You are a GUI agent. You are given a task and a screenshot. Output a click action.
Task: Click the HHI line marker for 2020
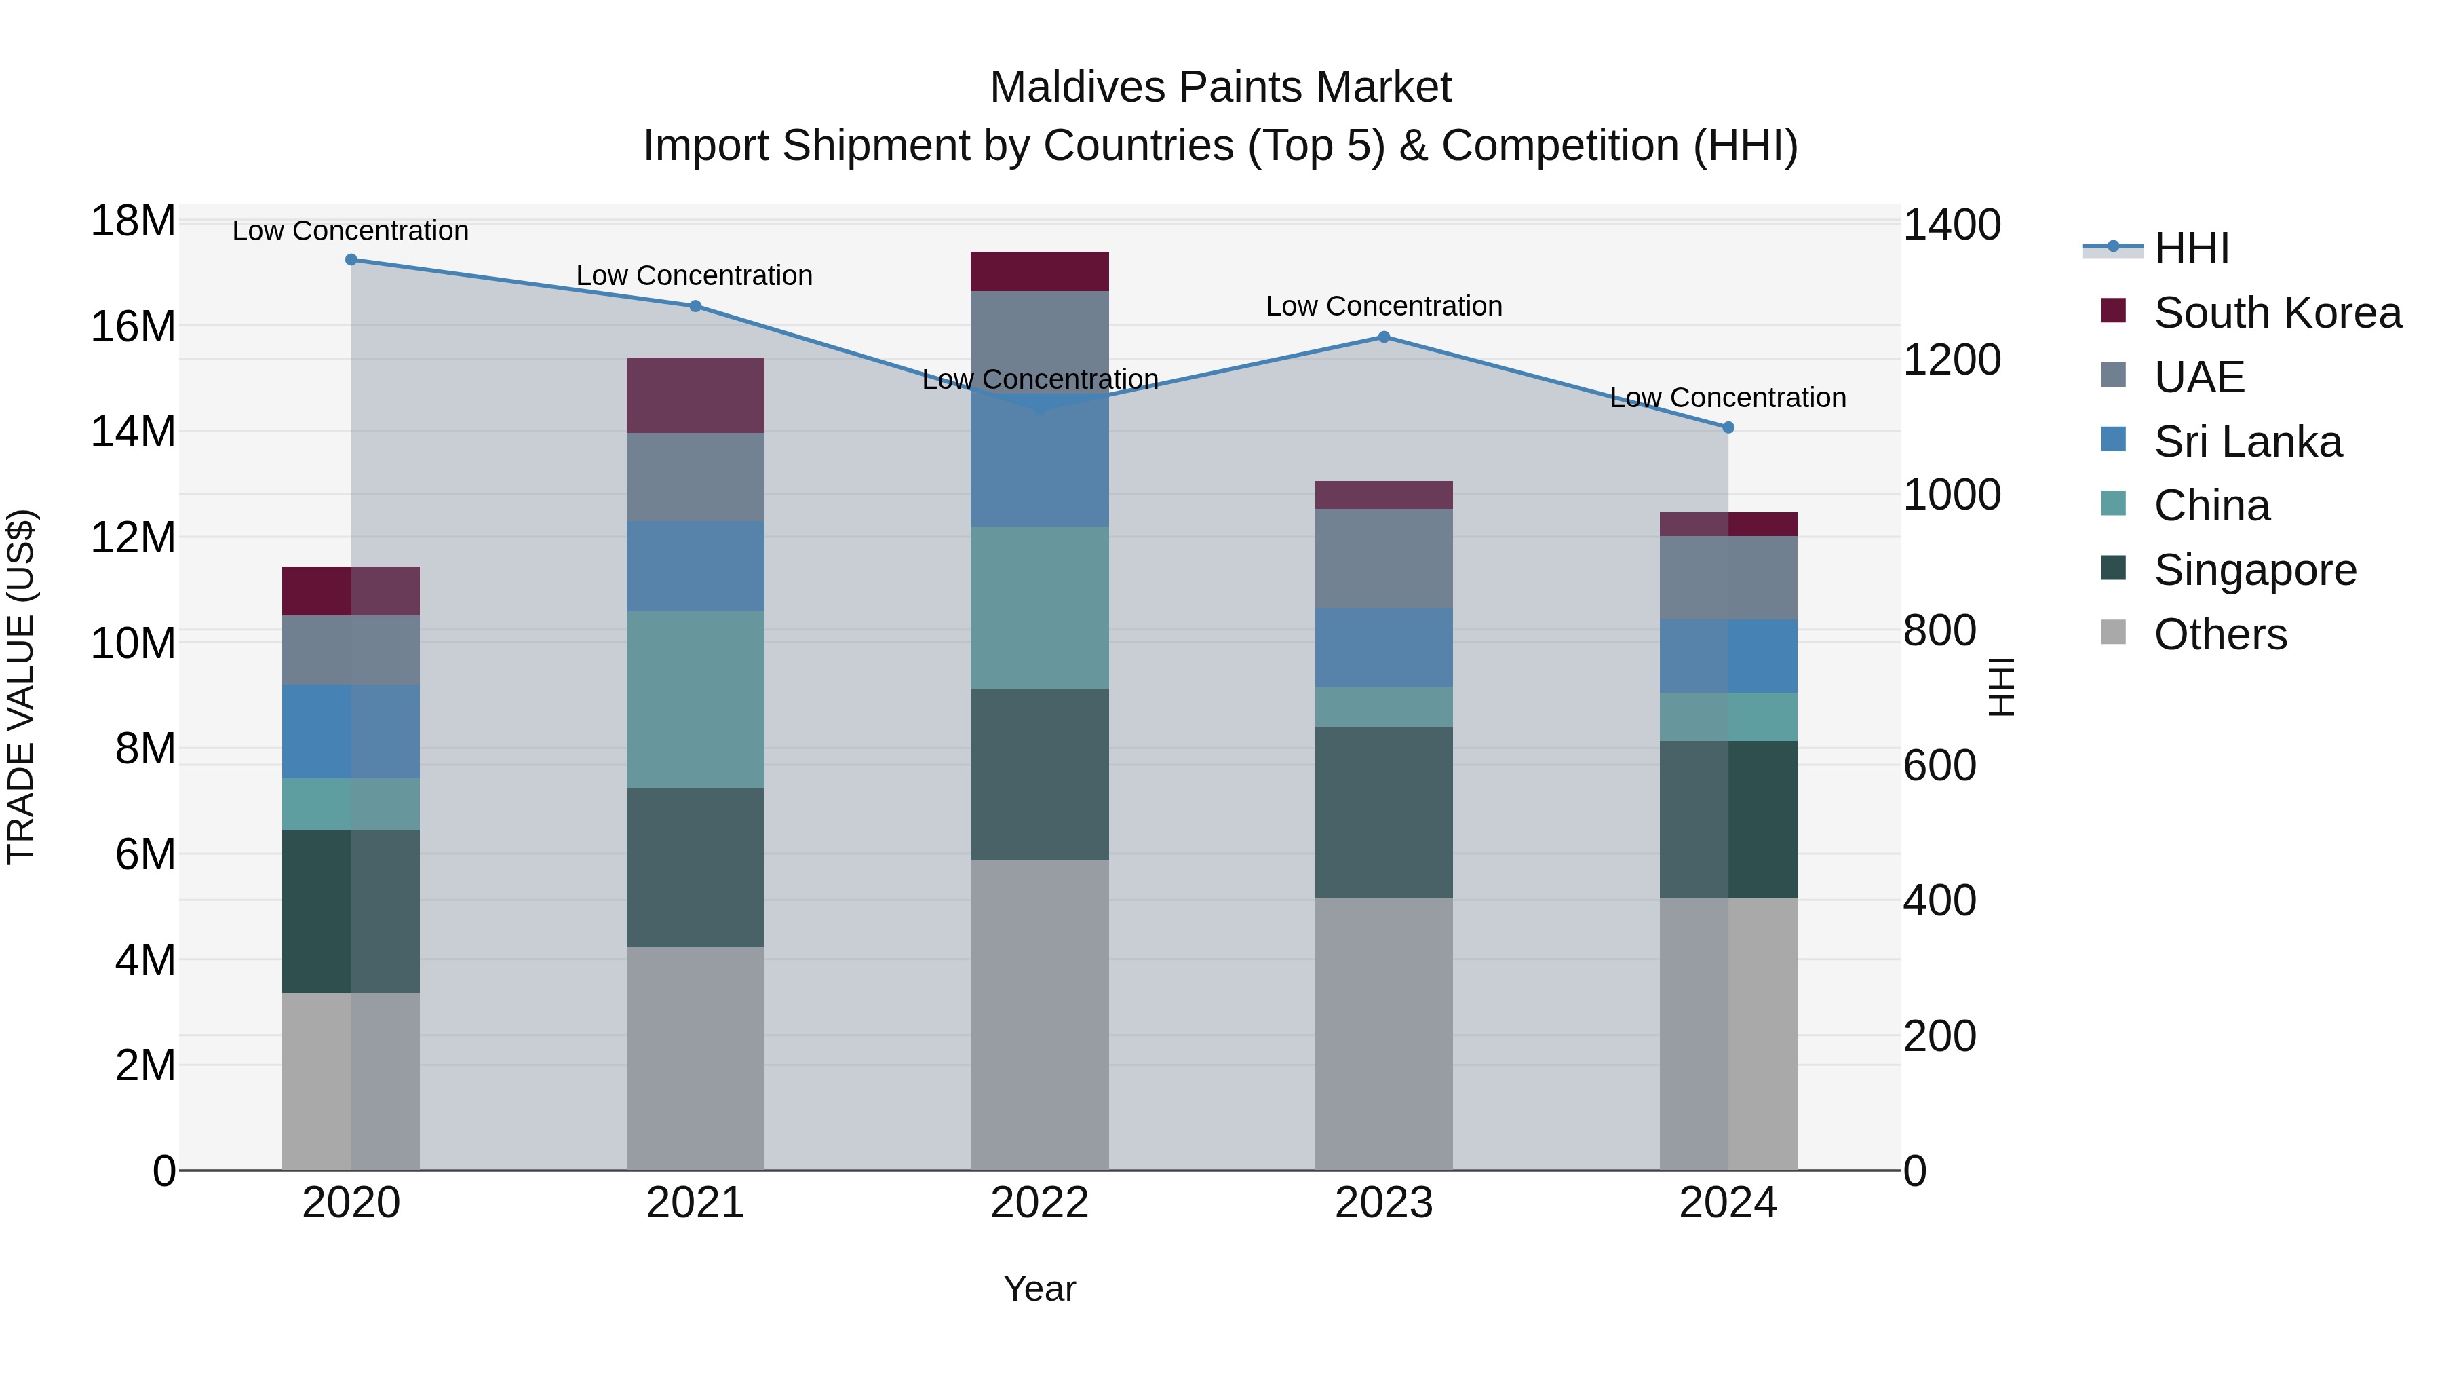click(351, 260)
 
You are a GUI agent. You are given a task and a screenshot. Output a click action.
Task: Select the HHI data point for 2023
click(1383, 337)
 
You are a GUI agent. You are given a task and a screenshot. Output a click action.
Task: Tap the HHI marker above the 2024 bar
click(1727, 427)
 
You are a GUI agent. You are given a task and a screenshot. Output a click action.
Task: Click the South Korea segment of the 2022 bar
click(1039, 272)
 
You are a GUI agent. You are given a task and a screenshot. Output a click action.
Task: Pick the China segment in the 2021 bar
click(695, 700)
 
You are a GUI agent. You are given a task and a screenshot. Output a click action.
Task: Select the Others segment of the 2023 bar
click(1383, 1033)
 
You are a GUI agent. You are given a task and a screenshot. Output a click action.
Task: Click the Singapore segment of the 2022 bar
click(1039, 775)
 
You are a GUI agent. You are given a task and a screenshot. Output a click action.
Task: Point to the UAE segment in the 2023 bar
click(1383, 558)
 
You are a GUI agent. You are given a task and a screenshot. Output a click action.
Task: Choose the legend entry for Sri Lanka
click(2247, 442)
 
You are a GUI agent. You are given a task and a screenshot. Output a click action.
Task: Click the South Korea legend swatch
click(2113, 310)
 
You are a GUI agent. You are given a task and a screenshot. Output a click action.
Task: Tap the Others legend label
click(2220, 634)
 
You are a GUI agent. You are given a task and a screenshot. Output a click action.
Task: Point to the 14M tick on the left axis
click(133, 432)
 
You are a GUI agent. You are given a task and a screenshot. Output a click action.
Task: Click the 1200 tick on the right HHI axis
click(1952, 360)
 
